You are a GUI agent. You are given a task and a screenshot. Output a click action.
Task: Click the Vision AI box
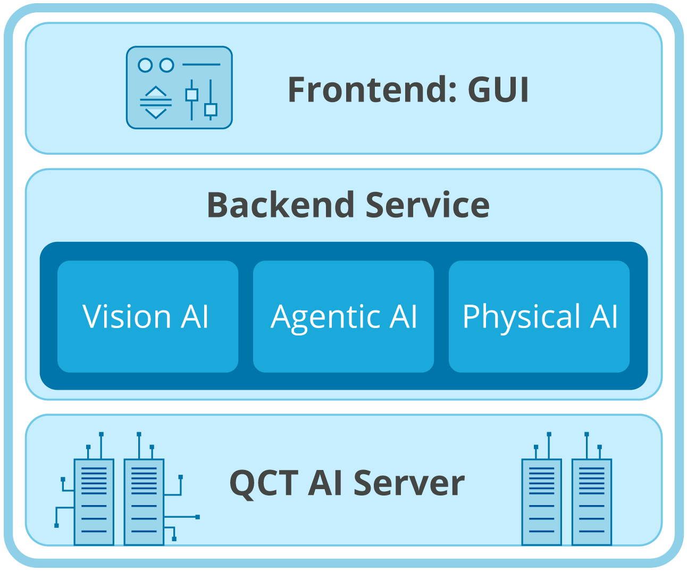(x=147, y=316)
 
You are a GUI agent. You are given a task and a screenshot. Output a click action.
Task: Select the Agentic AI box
(x=343, y=316)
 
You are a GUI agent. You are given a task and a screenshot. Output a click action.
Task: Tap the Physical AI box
(x=539, y=316)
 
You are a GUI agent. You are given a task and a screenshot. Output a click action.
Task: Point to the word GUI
(x=498, y=90)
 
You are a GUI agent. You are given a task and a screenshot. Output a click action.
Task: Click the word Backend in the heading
(x=280, y=205)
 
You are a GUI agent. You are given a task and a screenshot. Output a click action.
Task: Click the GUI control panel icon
(x=179, y=88)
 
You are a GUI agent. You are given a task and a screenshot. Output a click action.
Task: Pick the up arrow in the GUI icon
(x=155, y=91)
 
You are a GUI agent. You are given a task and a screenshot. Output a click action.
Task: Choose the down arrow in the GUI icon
(x=155, y=113)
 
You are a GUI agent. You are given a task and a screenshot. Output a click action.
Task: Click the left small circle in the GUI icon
(x=145, y=65)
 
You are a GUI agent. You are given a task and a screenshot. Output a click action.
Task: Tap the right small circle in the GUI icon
(x=167, y=65)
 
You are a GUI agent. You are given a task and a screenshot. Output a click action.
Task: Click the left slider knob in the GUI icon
(x=191, y=95)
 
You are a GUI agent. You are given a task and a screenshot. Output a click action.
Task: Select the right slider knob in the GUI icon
(x=211, y=110)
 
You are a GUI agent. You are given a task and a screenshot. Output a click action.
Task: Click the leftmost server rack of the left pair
(x=94, y=501)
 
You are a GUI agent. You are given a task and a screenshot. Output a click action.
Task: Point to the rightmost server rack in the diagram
(x=591, y=501)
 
